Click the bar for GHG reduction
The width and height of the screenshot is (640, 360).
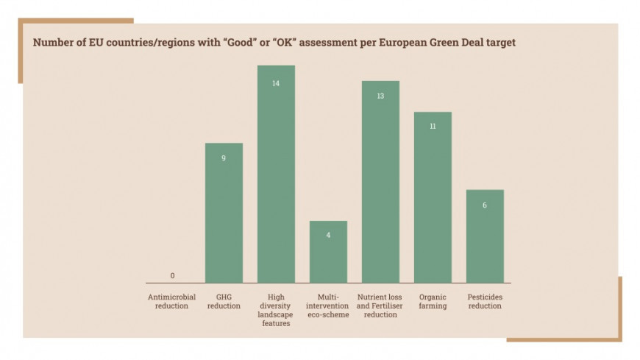[x=224, y=213]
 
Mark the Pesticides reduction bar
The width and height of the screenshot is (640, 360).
[x=485, y=236]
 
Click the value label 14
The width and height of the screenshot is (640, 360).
[x=276, y=83]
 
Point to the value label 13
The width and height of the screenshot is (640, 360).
[x=380, y=96]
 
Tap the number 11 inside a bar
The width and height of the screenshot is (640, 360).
[x=433, y=127]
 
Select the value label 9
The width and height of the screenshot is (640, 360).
[x=224, y=158]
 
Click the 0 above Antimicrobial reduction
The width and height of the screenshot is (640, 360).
[x=173, y=276]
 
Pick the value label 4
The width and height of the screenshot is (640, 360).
[x=328, y=236]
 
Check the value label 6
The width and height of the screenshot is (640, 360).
[x=485, y=205]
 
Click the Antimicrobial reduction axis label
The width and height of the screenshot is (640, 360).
[x=172, y=301]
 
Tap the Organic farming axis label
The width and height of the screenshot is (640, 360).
[x=433, y=301]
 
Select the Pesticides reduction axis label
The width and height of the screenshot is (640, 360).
[x=485, y=301]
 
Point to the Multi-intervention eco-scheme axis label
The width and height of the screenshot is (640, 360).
[x=328, y=301]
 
